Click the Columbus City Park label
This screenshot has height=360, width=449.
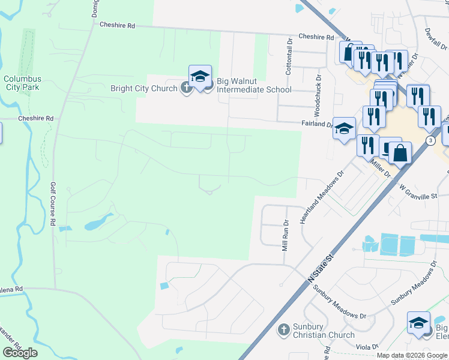[x=22, y=83]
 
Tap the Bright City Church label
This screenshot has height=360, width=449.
[x=143, y=88]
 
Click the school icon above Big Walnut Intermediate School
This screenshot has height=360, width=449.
[x=200, y=76]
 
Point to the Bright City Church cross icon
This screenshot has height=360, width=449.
[x=186, y=88]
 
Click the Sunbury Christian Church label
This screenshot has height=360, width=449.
[x=324, y=330]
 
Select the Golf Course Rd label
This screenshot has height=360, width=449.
[x=53, y=204]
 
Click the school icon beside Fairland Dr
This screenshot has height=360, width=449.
[x=344, y=128]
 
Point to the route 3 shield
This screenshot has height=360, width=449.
[x=431, y=140]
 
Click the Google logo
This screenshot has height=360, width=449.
[x=20, y=353]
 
